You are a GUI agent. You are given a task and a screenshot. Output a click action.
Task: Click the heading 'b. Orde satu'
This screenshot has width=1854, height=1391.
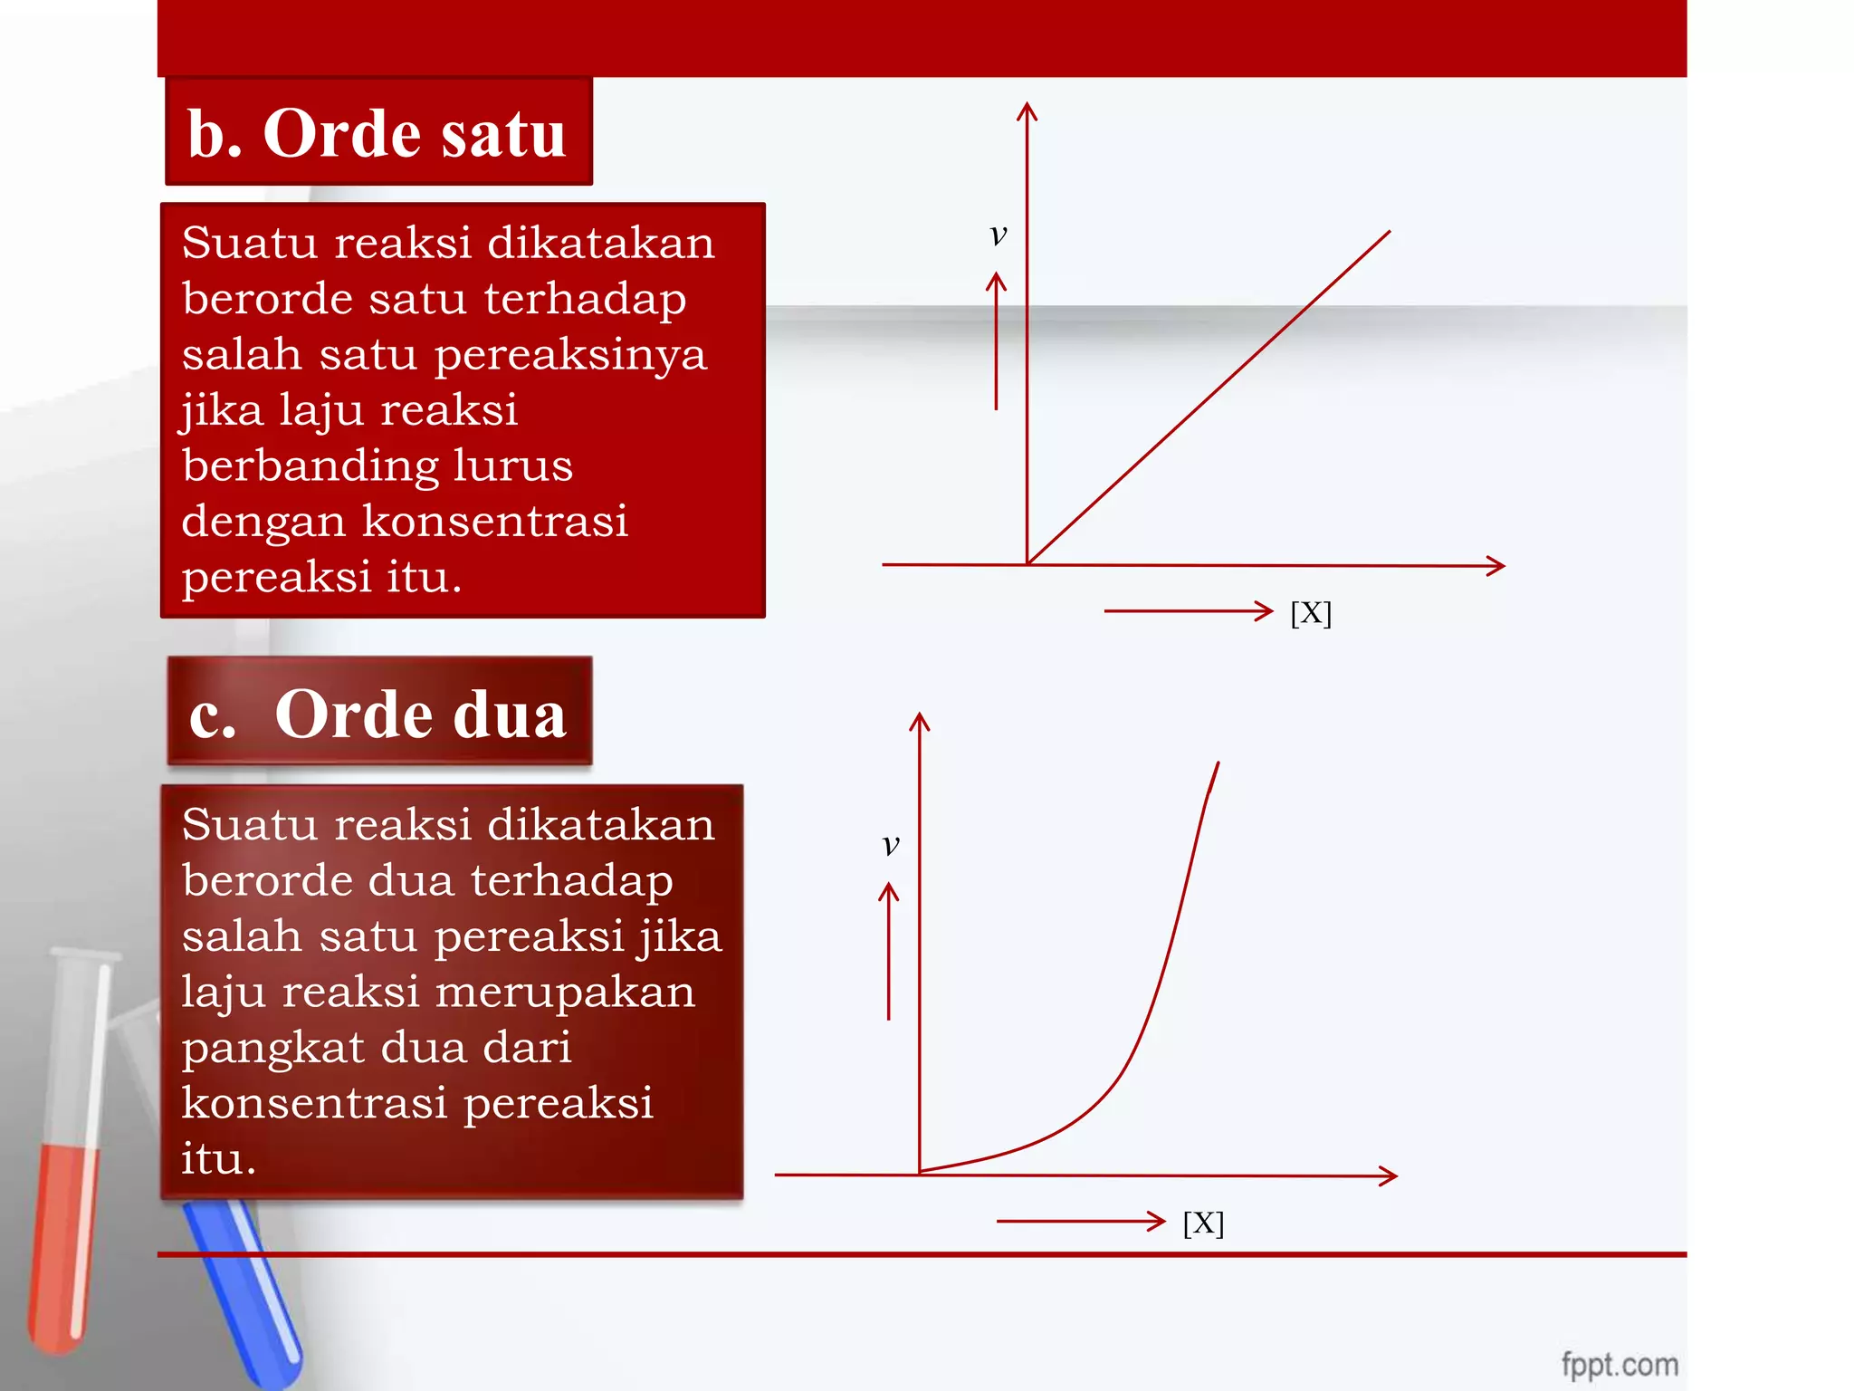[377, 133]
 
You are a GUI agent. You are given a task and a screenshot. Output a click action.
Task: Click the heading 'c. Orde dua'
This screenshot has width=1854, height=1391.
[378, 714]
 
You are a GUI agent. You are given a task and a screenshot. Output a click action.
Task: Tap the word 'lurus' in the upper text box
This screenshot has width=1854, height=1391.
[512, 465]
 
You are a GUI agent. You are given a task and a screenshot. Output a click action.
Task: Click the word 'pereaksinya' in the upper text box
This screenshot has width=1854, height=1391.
[570, 354]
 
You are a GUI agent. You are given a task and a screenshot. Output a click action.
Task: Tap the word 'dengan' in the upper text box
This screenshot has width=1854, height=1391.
[263, 522]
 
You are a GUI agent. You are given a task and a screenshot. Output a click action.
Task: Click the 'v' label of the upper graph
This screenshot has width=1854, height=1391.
[998, 235]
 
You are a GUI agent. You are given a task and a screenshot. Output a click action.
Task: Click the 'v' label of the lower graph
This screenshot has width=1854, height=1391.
[891, 844]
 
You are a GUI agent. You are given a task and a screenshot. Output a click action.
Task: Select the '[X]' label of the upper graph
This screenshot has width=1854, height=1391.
[1311, 613]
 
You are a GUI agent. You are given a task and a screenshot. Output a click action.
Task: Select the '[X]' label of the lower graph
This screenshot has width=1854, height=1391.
[1203, 1223]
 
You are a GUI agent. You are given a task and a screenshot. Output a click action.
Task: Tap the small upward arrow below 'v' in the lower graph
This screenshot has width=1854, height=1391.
[889, 951]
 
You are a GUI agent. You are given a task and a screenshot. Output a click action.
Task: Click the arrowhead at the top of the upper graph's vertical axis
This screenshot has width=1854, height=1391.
[1027, 110]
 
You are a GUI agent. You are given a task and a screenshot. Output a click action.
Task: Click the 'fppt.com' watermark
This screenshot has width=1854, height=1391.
[1620, 1364]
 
